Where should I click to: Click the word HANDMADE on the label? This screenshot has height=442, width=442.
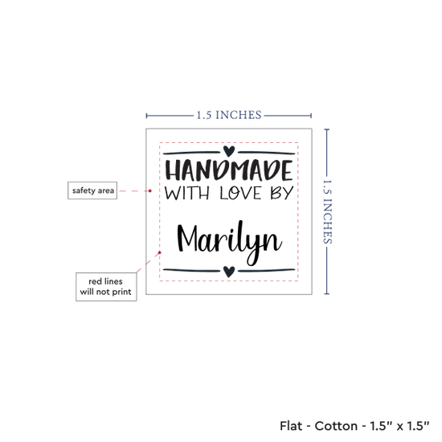point(229,170)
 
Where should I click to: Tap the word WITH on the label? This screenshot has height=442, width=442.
point(187,194)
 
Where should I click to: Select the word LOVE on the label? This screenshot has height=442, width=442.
point(240,194)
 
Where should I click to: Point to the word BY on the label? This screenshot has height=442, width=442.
point(282,194)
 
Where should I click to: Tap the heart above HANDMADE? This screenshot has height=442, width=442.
point(229,151)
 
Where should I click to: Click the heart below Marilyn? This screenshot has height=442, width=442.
point(229,272)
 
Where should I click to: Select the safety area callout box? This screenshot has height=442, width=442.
point(92,190)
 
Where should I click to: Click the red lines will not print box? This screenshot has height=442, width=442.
point(106,287)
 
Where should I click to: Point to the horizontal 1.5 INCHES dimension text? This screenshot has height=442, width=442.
point(229,115)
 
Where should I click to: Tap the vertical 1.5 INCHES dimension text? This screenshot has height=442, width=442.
point(327,211)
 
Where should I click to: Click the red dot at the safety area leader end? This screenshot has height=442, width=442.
point(150,190)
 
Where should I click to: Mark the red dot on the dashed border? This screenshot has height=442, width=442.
point(160,252)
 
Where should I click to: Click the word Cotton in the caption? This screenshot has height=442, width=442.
point(336,426)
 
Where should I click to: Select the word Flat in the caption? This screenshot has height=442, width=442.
point(291,426)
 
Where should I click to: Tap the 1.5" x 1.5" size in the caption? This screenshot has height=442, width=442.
point(399,426)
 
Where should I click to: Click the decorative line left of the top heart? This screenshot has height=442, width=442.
point(191,153)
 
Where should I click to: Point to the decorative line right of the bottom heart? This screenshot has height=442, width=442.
point(266,271)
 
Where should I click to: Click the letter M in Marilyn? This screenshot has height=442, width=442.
point(187,239)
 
